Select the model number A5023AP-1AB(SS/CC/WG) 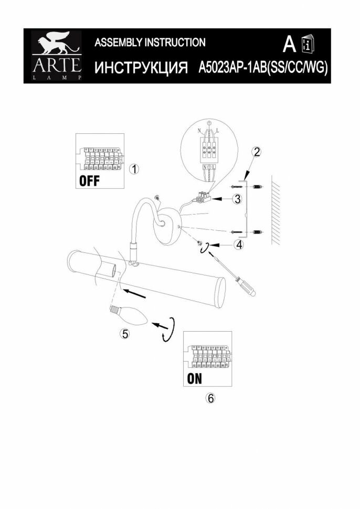(263, 68)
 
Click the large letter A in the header (288, 45)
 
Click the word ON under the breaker (194, 378)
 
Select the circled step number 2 (257, 152)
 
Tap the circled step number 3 (237, 199)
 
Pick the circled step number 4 (239, 245)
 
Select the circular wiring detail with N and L (209, 154)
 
